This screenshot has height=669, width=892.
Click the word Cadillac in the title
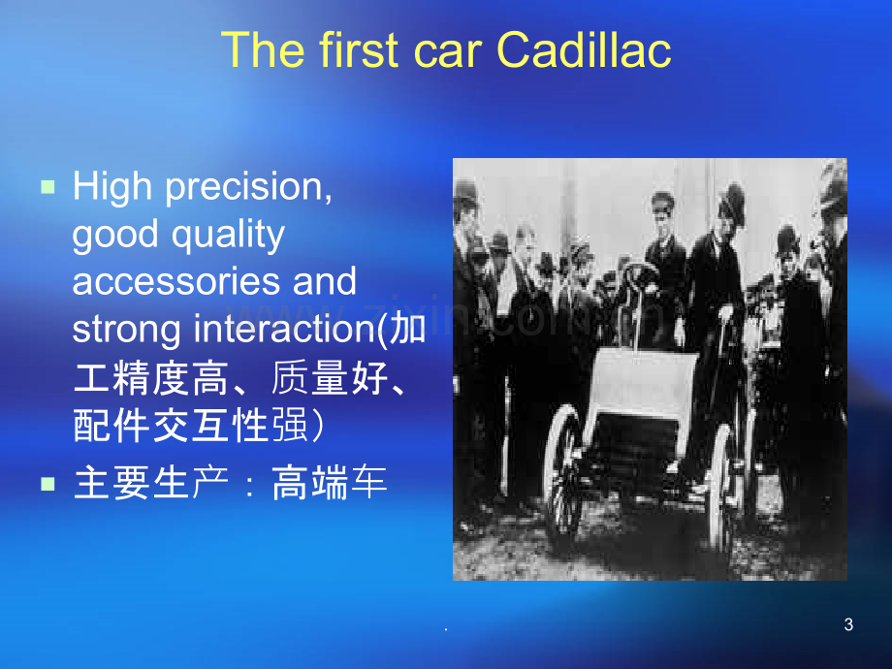584,49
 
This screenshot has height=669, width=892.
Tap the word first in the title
358,49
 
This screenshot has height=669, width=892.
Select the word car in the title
447,55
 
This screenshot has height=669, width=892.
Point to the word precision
248,189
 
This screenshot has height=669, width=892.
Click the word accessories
175,281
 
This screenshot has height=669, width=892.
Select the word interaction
286,329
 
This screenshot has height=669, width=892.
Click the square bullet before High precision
48,186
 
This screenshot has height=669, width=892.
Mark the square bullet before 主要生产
48,484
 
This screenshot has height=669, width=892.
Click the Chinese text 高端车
330,483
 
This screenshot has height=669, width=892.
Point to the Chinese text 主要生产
151,483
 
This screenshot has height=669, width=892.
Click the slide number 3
848,624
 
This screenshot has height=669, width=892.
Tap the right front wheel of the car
722,488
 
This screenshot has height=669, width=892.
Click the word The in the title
263,49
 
